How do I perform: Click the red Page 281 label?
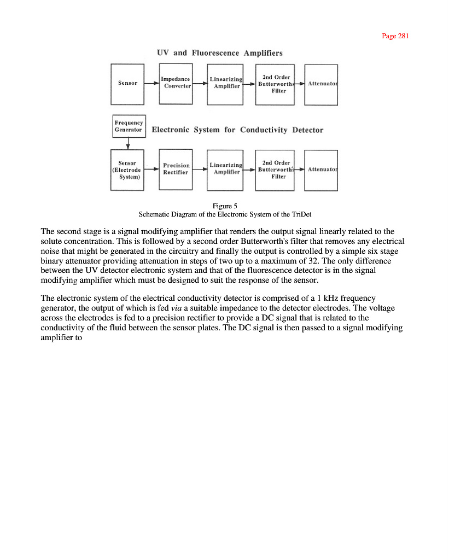click(395, 36)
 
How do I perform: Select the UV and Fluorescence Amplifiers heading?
click(219, 53)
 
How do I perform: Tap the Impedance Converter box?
click(176, 84)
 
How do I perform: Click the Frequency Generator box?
click(129, 126)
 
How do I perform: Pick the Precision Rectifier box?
click(176, 169)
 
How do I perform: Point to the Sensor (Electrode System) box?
click(127, 170)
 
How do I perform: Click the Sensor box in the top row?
click(127, 84)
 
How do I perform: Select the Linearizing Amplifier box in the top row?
click(225, 84)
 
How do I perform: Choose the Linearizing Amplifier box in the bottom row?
click(225, 169)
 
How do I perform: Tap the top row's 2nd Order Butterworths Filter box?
click(275, 84)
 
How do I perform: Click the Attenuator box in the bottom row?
click(321, 170)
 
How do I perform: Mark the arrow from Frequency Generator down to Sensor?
click(128, 143)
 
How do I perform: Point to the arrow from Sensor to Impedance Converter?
click(151, 83)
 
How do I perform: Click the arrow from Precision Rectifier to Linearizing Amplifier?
click(200, 170)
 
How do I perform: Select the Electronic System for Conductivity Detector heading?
click(237, 130)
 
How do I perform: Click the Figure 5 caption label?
click(225, 206)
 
